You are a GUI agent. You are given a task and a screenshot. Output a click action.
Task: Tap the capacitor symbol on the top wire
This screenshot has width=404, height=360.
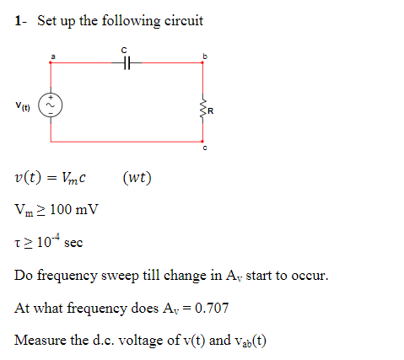pos(127,62)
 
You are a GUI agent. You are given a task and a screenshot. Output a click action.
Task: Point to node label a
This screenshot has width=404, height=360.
pos(51,55)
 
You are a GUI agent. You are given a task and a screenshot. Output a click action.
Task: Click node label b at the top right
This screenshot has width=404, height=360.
pos(203,56)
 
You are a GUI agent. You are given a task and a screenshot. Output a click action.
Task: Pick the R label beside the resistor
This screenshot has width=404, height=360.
pos(212,108)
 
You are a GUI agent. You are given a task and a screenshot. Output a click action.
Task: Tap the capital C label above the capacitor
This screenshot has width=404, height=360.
pos(125,49)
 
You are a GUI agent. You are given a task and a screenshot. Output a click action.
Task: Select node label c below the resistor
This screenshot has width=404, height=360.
pos(203,149)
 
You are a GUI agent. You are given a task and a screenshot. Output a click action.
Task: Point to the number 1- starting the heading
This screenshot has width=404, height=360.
pos(20,20)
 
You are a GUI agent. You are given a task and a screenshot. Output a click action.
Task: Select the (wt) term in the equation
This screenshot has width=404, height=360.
pos(137,177)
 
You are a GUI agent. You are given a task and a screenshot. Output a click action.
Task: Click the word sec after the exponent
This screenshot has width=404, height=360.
pos(73,243)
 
